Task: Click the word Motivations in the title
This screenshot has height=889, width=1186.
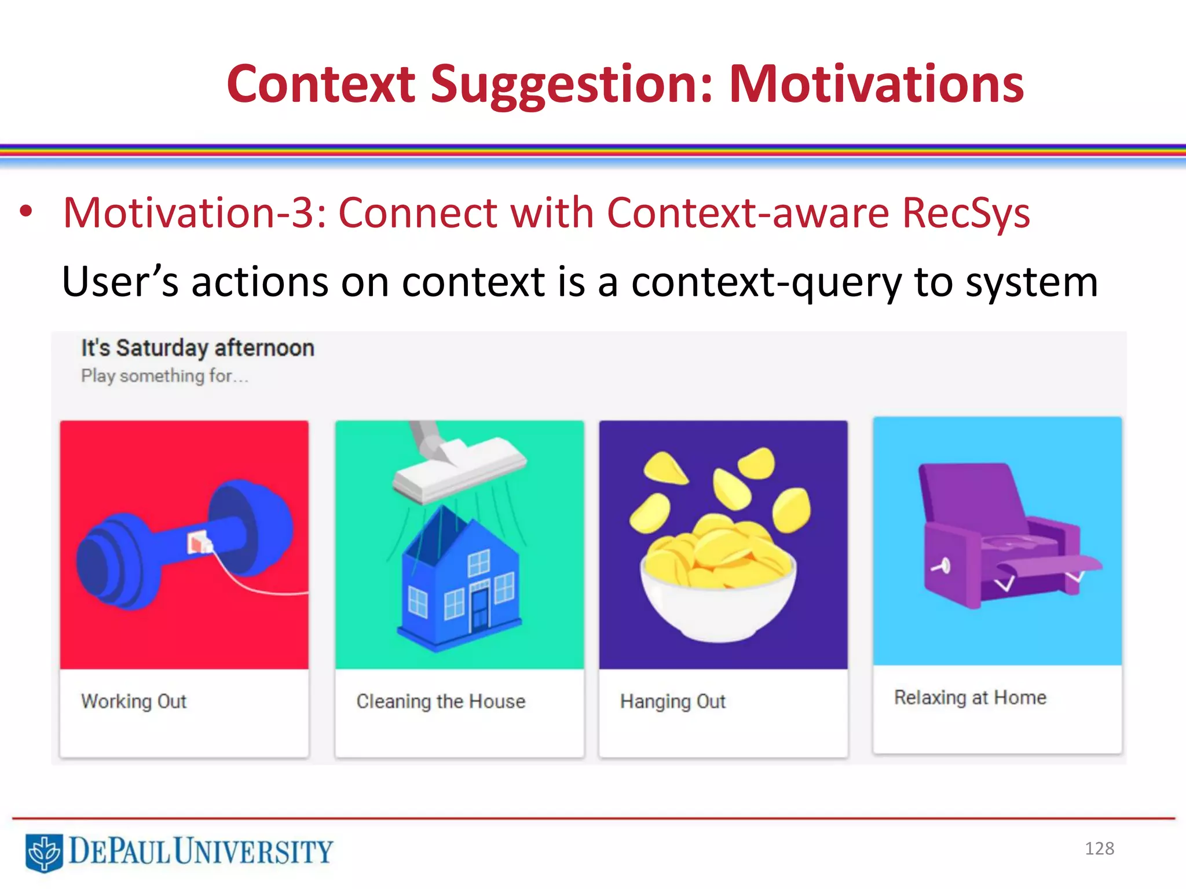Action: coord(876,85)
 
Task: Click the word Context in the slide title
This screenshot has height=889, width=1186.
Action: coord(321,85)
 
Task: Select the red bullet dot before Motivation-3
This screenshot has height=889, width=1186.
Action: coord(25,211)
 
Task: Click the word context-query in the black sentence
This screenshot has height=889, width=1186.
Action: coord(767,282)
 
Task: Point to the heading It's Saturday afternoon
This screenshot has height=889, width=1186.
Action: coord(197,348)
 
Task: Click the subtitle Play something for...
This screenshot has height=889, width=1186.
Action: coord(164,376)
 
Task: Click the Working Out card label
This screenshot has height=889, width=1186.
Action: coord(134,701)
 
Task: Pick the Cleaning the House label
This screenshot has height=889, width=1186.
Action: coord(441,701)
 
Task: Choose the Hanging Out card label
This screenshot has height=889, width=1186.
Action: coord(672,701)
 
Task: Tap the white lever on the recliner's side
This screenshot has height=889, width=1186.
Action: coord(941,565)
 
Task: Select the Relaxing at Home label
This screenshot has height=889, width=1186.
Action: coord(970,698)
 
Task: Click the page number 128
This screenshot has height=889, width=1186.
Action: coord(1099,848)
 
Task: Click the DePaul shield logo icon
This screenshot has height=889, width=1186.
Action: coord(44,853)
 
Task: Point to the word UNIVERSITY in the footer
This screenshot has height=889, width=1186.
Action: coord(254,851)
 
